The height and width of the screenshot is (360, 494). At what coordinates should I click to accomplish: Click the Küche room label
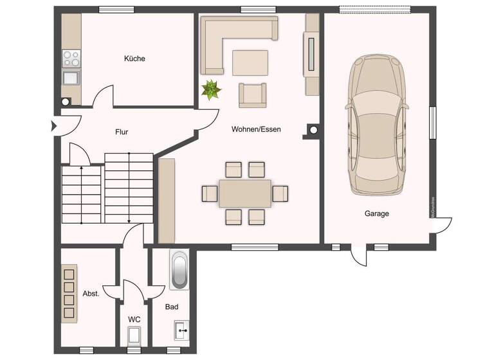tap(134, 59)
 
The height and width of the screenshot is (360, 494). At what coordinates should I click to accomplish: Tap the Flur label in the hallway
tap(122, 132)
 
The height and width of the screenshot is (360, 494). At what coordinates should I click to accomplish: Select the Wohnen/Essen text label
tap(256, 129)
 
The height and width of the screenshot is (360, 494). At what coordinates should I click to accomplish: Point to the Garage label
tap(376, 213)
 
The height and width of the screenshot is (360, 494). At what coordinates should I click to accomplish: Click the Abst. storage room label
tap(91, 293)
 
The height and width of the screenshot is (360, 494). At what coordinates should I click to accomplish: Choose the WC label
tap(134, 319)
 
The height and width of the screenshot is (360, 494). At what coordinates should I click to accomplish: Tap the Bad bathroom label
tap(171, 307)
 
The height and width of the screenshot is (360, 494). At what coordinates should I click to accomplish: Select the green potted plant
tap(211, 90)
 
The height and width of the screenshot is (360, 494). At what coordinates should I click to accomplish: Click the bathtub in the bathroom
tap(179, 269)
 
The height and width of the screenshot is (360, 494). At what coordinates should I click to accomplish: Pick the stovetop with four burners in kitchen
tap(71, 59)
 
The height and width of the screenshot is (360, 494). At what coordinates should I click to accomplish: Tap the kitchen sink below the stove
tap(71, 78)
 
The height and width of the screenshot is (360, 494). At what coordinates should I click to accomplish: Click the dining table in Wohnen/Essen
tap(245, 193)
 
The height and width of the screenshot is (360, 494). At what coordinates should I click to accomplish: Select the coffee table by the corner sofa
tap(250, 63)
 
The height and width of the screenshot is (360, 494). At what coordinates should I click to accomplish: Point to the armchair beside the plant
tap(252, 95)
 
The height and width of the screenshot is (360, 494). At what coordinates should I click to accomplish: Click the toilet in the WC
tap(134, 336)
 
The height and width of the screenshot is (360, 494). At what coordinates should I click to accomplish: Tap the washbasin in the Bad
tap(181, 332)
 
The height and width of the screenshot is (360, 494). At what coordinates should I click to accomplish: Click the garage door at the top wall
tap(375, 10)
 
